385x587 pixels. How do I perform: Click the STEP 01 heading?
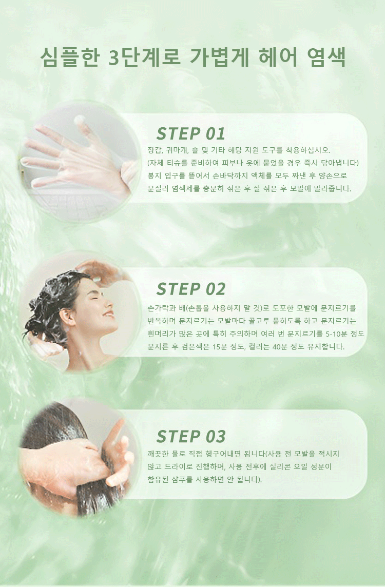point(190,133)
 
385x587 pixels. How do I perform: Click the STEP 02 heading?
point(190,289)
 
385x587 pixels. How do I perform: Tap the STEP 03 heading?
point(191,437)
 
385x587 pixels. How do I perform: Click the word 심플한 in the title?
point(70,57)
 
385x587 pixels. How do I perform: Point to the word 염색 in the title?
point(326,57)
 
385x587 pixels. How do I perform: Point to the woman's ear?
point(67,317)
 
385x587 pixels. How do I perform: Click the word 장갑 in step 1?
point(155,150)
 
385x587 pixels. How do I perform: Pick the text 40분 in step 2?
point(280,347)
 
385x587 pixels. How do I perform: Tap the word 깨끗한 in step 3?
point(158,454)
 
